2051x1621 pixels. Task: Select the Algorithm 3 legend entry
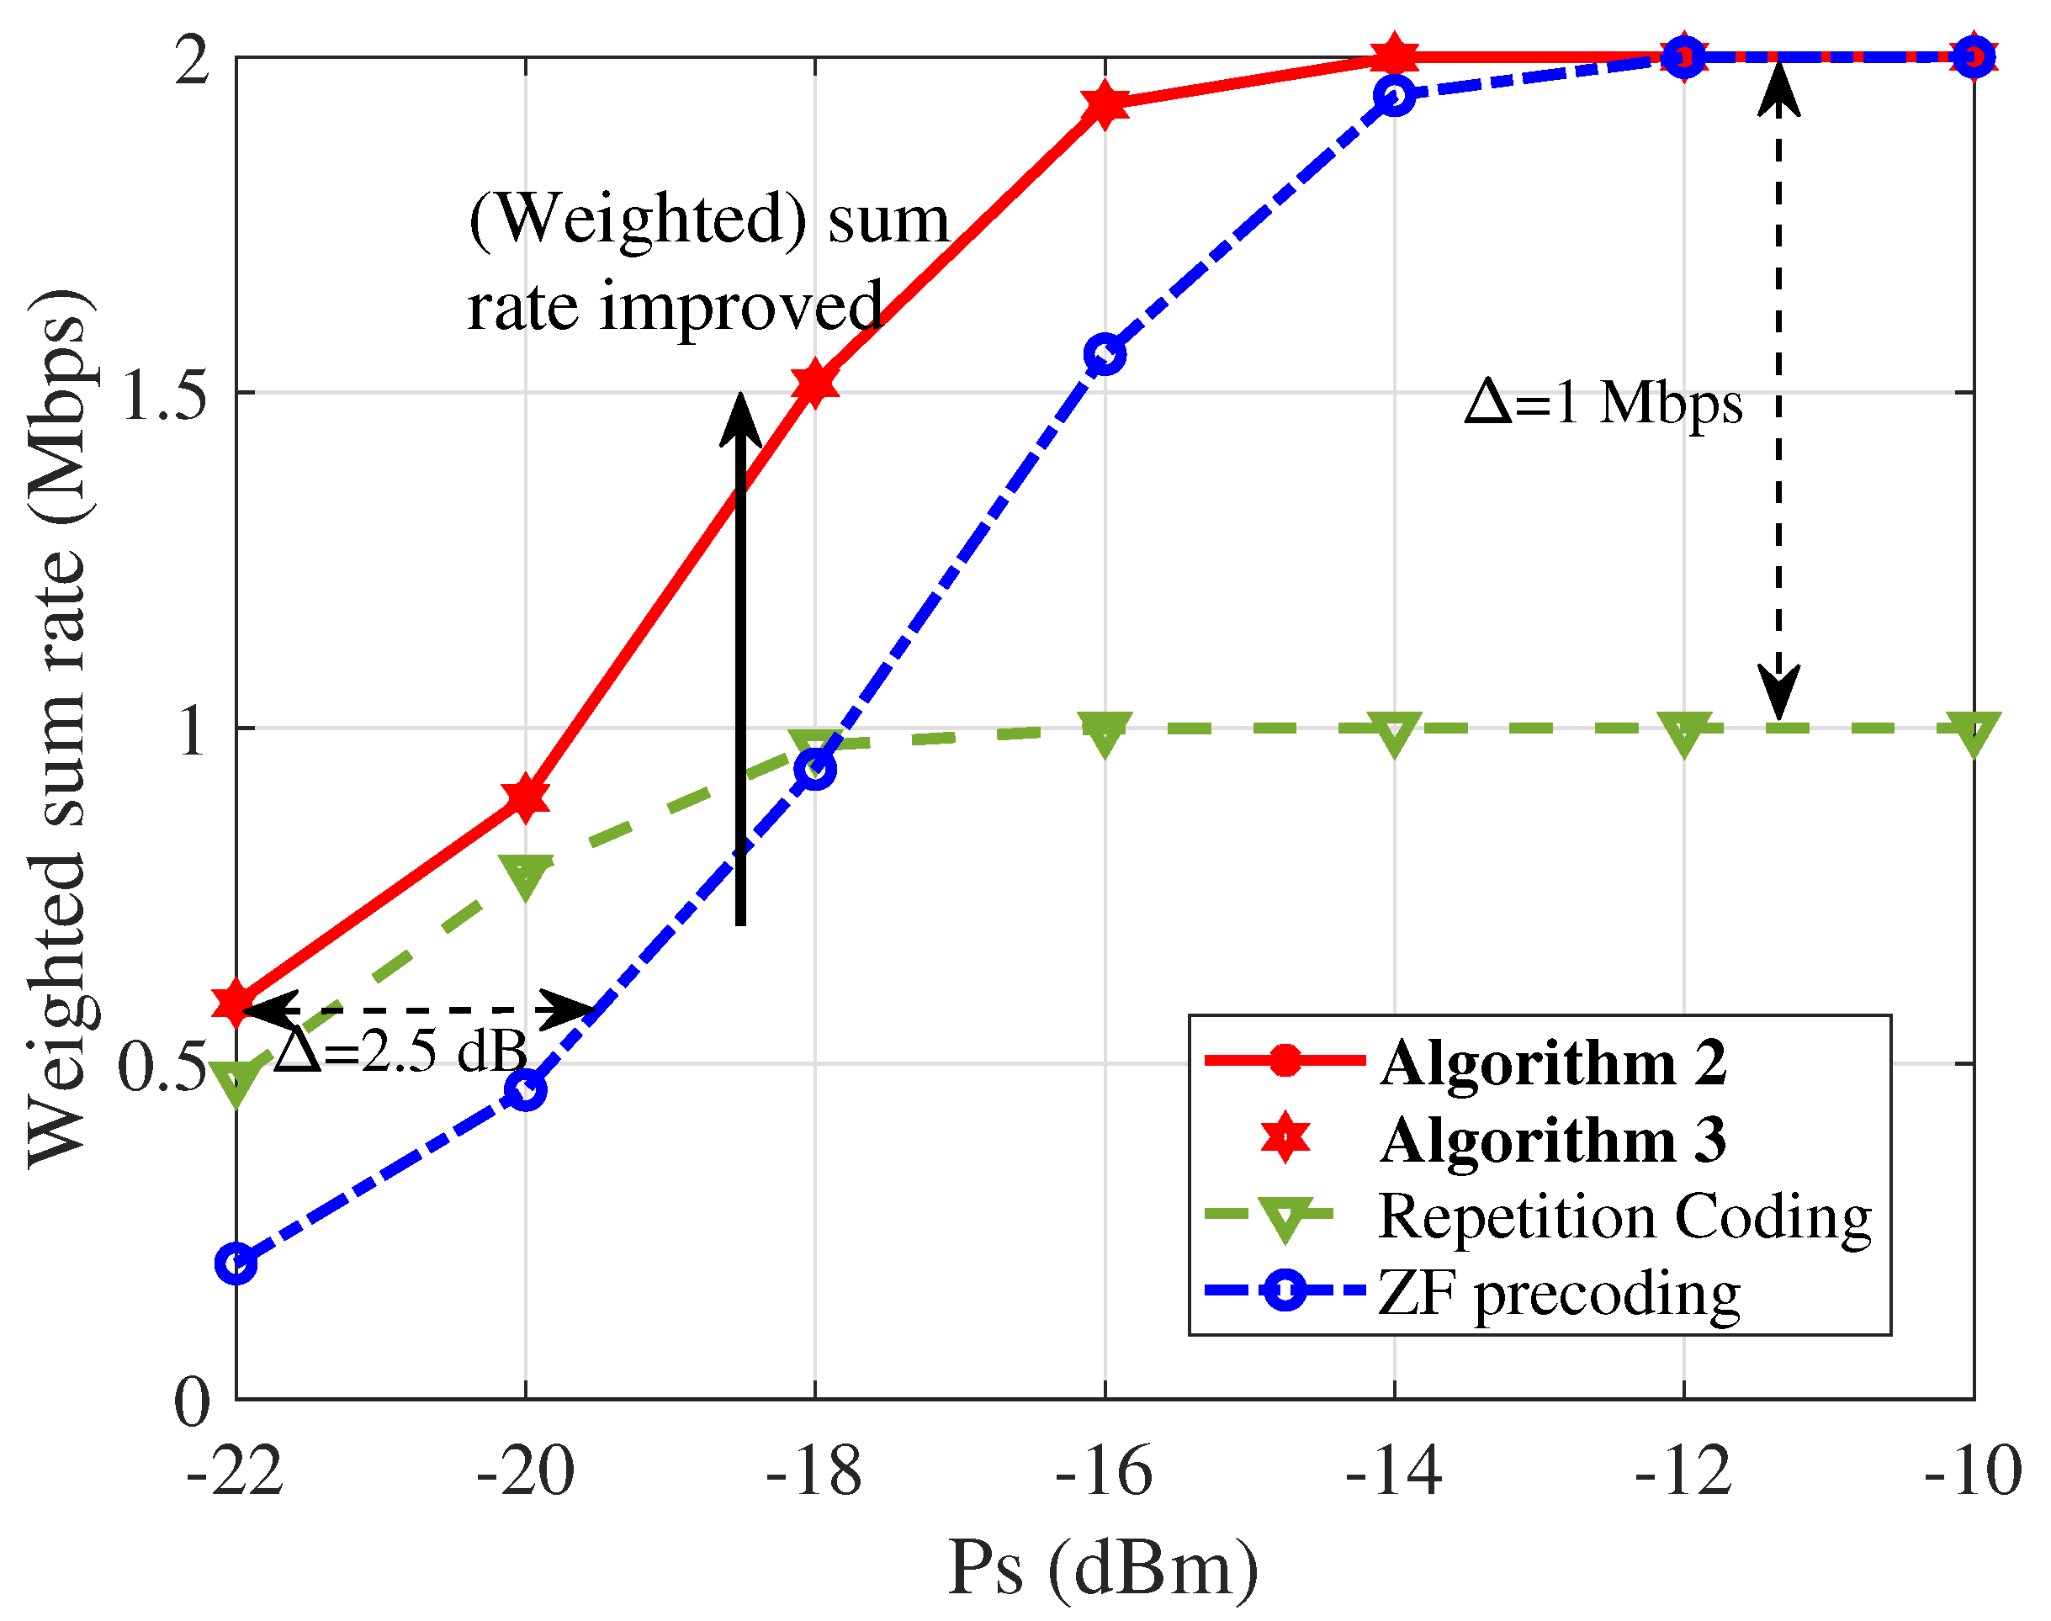coord(1552,1139)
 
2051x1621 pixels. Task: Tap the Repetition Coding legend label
coord(1624,1216)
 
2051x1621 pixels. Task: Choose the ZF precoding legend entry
coord(1558,1293)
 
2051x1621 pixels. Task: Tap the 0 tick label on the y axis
coord(192,1401)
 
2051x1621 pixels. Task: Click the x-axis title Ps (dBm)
coord(1103,1568)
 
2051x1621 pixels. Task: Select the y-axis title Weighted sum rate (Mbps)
coord(59,728)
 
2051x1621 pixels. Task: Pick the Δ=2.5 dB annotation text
coord(400,1052)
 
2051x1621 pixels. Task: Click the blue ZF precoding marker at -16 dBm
coord(1105,355)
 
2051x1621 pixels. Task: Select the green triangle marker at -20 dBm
coord(525,874)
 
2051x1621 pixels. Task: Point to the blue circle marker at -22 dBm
coord(236,1264)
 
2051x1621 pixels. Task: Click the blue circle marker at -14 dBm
coord(1394,96)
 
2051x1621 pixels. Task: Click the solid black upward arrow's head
coord(740,417)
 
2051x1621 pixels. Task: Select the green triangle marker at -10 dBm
coord(1973,733)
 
